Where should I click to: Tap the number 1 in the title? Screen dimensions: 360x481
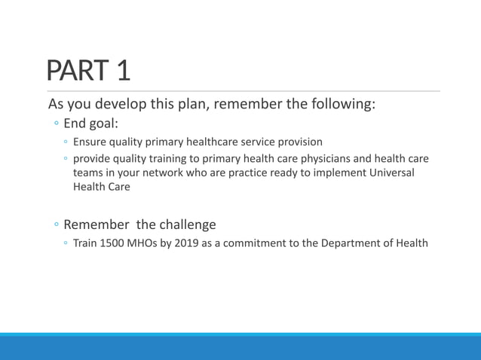pyautogui.click(x=123, y=71)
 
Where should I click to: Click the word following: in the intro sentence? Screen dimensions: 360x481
pyautogui.click(x=342, y=104)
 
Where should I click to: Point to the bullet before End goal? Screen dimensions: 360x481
pyautogui.click(x=57, y=124)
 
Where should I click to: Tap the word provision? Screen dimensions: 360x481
pyautogui.click(x=297, y=142)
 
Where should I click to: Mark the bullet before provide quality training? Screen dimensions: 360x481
pyautogui.click(x=66, y=160)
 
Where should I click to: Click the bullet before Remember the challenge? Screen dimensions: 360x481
pyautogui.click(x=57, y=225)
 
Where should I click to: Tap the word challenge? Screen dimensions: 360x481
pyautogui.click(x=187, y=224)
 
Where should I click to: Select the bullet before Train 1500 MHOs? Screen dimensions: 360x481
pyautogui.click(x=66, y=244)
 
